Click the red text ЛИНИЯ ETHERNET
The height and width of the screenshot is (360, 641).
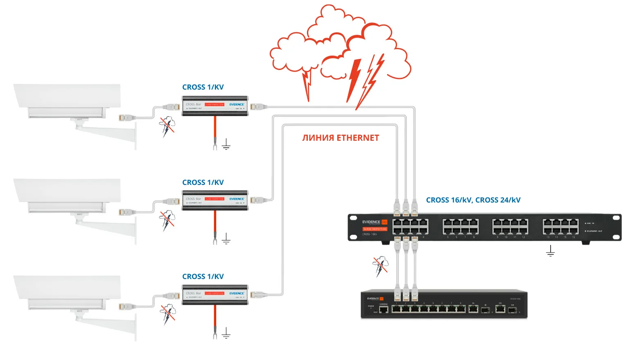341,138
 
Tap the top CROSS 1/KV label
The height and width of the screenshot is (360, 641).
203,87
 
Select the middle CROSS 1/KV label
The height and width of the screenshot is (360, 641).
203,182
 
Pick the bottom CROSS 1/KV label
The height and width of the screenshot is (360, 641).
203,277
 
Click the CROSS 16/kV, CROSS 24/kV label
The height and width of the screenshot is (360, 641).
473,200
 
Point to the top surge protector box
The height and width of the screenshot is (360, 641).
215,106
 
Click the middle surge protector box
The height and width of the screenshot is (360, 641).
215,200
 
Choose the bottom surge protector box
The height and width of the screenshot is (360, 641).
215,295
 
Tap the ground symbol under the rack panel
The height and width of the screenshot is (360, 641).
550,251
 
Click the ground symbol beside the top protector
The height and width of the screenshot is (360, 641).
226,144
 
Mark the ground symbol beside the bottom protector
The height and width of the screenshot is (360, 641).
226,333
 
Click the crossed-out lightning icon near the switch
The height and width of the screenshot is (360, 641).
381,266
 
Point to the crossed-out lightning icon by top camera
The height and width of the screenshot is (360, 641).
167,125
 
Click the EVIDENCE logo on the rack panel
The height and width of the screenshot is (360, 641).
371,222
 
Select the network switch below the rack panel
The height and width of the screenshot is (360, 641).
444,304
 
